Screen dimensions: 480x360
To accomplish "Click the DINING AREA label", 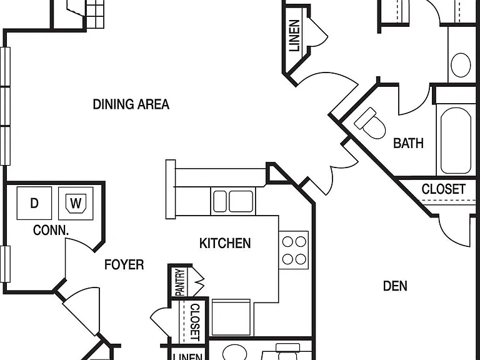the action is coord(131,104).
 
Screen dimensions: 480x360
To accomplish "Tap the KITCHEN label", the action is coord(225,243).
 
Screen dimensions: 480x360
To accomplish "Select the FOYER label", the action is coord(124,265).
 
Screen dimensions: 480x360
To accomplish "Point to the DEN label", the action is coord(395,286).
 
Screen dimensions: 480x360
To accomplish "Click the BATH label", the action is coord(408,143).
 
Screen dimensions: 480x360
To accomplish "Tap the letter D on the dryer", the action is coord(34,203).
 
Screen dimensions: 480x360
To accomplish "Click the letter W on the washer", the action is coord(76,203).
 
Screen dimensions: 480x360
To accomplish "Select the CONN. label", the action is coord(51,230).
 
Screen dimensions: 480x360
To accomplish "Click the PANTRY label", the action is coord(181,282).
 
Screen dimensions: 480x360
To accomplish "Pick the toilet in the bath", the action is coord(371,124).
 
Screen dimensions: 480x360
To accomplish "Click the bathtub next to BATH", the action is coord(456,141).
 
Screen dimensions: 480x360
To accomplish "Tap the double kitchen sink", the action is coord(233,201).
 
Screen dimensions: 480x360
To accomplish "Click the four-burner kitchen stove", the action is coord(294,250).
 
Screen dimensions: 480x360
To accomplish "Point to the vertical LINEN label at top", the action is coord(294,36).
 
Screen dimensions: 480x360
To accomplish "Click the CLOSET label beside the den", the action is coord(444,189).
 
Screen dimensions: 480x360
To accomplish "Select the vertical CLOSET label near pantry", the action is coord(195,322).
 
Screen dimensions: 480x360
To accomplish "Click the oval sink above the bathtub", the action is coord(461,65).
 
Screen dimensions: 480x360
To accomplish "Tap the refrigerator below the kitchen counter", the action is coord(231,317).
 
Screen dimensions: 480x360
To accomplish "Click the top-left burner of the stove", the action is coord(287,241).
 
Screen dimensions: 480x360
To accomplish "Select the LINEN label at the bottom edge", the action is coord(187,357).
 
